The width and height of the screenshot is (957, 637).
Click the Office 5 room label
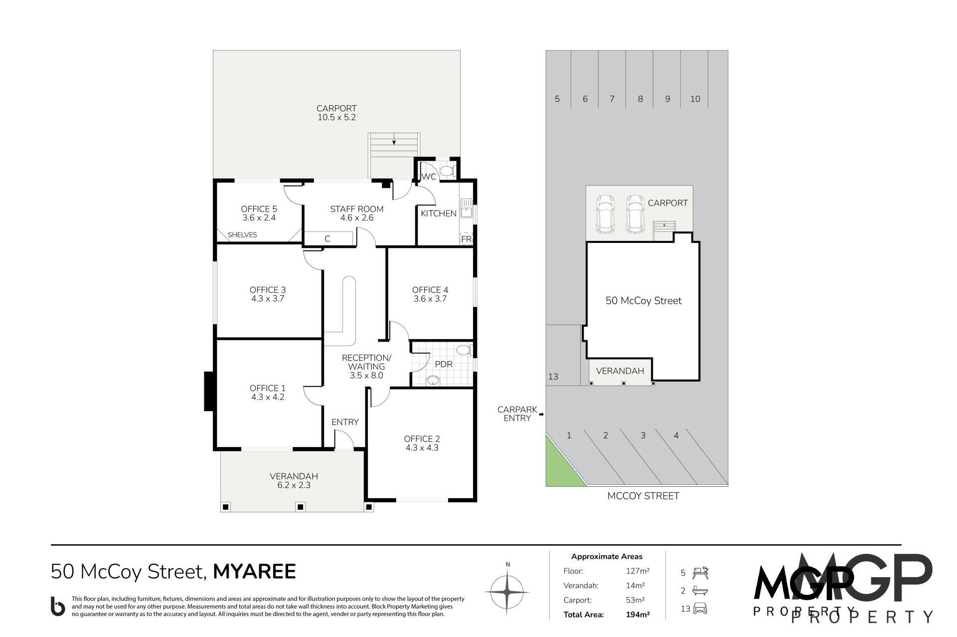coord(259,209)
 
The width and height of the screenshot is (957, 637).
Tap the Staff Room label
coord(357,209)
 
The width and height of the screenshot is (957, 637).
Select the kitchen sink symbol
coord(467,208)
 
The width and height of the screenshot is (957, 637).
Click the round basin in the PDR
coord(433,382)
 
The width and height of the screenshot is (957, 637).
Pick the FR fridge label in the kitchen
coord(466,239)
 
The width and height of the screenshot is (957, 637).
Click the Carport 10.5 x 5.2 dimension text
coord(336,118)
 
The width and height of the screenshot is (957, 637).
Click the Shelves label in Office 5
coord(242,235)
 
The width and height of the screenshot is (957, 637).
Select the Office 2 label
coord(422,439)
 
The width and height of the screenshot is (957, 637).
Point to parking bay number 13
coord(553,377)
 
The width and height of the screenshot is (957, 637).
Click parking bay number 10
coord(695,99)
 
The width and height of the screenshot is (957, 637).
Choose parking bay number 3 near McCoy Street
coord(643,435)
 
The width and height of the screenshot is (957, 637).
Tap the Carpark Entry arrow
coord(541,414)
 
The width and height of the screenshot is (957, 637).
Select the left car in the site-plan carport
coord(605,213)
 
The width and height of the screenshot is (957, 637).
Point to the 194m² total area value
coord(638,615)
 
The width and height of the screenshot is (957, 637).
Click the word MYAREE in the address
coord(255,572)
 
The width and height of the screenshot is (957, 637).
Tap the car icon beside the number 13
coord(700,609)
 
